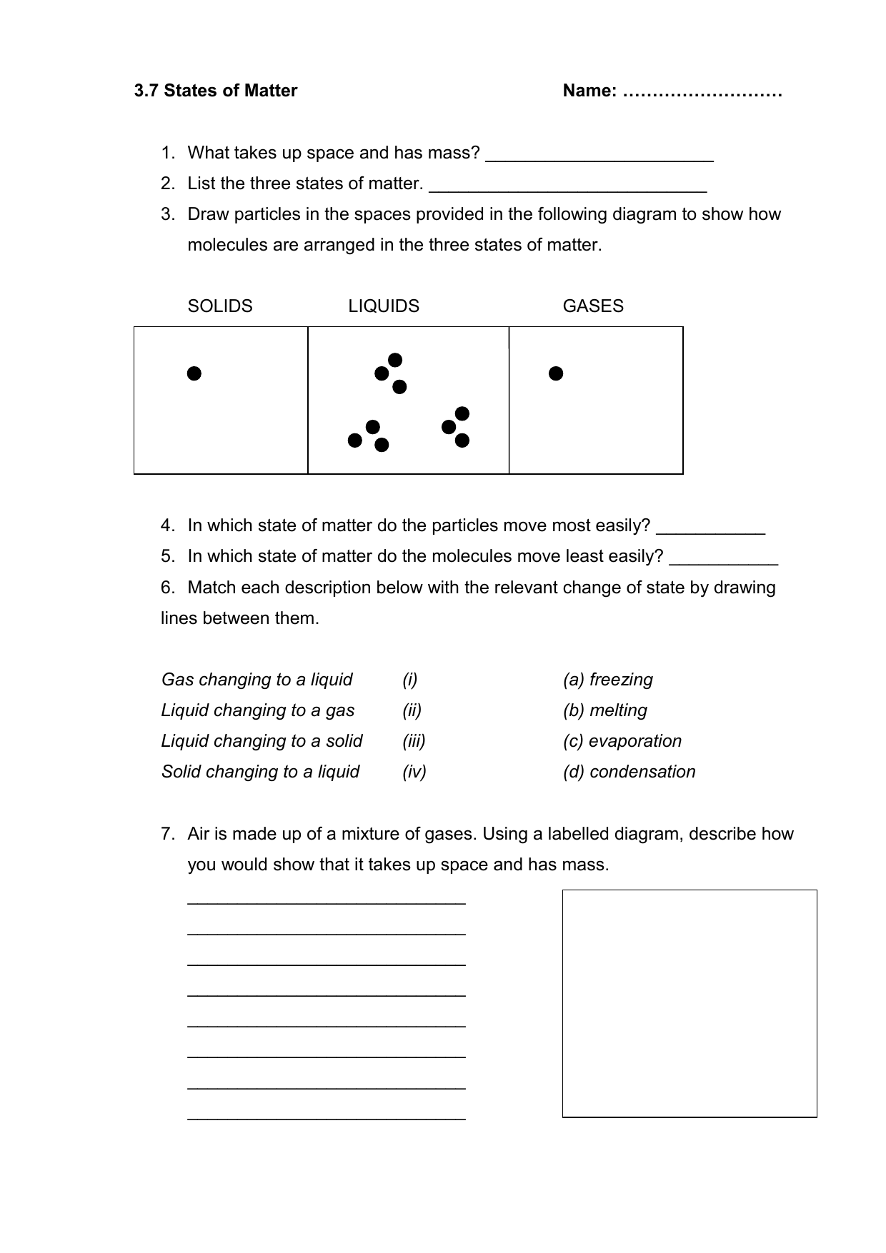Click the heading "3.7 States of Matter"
coord(216,91)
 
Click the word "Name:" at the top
coord(589,91)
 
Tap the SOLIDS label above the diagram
coord(220,306)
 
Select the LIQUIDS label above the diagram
coord(384,306)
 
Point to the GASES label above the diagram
coord(593,306)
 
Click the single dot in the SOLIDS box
coord(194,373)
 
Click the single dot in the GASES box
coord(556,373)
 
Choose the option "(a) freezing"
coord(608,680)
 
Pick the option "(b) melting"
coord(605,710)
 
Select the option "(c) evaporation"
coord(622,741)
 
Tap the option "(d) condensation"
coord(629,772)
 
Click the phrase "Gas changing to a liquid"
coord(257,680)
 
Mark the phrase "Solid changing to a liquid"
coord(261,772)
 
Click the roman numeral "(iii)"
coord(414,741)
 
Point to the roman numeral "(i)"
coord(409,680)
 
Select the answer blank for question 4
coord(711,529)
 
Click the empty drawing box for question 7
coord(690,1003)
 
